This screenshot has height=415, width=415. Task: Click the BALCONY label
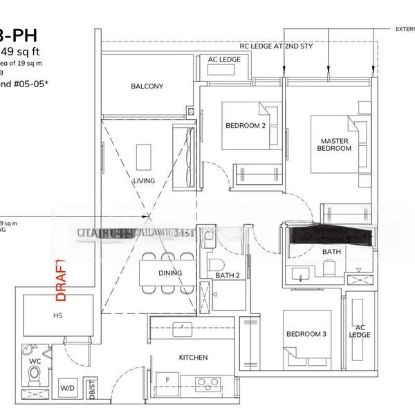147,86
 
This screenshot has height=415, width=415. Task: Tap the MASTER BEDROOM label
334,145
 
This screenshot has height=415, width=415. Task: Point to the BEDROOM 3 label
306,334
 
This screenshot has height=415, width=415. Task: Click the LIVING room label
144,181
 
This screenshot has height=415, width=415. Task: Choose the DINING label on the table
170,273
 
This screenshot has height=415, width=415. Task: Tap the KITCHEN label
192,358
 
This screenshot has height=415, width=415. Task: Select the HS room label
57,315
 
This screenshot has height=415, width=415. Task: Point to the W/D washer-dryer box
68,389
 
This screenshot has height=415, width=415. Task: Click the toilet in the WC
35,374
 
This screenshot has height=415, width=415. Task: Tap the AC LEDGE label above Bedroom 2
224,60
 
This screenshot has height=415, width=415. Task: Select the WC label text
34,360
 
